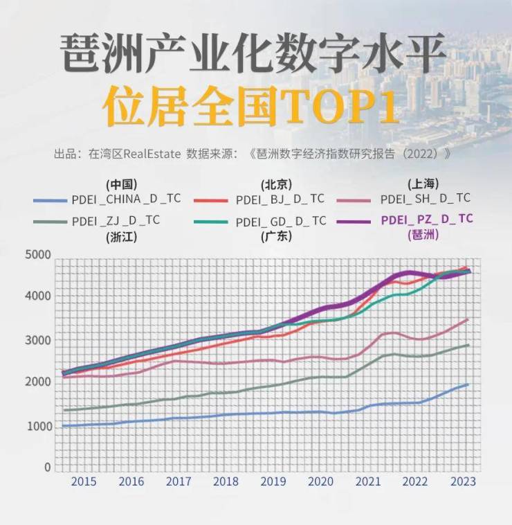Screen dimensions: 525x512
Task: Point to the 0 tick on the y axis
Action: tap(48, 468)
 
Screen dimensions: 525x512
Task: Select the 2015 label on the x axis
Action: tap(83, 481)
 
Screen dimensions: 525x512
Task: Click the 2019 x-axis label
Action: tap(273, 481)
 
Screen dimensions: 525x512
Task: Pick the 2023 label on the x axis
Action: tap(463, 481)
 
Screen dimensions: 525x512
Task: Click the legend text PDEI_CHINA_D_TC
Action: tap(126, 199)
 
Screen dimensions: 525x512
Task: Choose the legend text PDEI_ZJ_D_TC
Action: tap(116, 221)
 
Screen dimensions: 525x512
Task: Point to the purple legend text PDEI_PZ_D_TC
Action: tap(427, 220)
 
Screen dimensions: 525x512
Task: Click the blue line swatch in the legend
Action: tap(50, 200)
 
